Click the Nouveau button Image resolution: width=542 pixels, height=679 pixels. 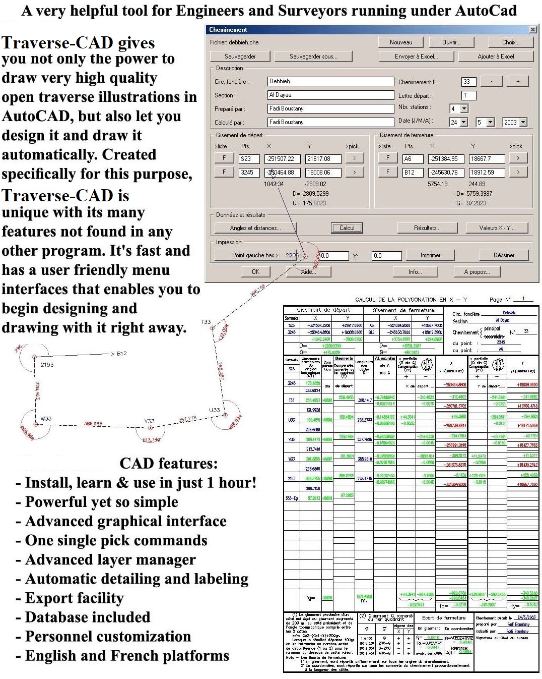point(401,42)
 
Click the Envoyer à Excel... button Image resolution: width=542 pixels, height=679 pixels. point(416,56)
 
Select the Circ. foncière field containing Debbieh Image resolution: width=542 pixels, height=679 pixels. point(330,81)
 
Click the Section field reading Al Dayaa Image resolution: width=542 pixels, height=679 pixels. point(330,95)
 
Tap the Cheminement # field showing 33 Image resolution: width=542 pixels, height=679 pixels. point(468,82)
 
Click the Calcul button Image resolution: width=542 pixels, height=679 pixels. point(347,228)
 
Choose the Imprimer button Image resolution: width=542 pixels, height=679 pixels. point(430,255)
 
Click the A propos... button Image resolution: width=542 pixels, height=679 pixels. point(477,272)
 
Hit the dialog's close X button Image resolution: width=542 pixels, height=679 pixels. point(532,30)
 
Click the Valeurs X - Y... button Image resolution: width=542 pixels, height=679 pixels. point(496,228)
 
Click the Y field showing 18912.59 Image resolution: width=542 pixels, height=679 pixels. point(487,173)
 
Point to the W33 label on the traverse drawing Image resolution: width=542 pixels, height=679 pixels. point(46,418)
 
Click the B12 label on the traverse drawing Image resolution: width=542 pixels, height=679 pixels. point(121,354)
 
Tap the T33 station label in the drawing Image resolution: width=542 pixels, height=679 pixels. point(206,321)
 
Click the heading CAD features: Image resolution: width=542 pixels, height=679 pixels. point(168,463)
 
